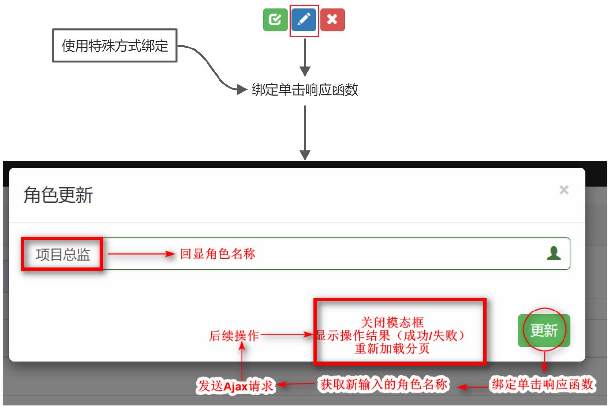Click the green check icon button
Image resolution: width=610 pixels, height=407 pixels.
coord(275,20)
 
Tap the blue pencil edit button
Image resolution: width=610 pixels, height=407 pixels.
coord(304,20)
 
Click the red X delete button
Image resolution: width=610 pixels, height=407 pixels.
coord(332,20)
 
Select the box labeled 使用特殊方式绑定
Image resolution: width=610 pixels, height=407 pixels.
coord(115,46)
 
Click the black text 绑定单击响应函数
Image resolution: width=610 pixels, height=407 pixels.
coord(305,90)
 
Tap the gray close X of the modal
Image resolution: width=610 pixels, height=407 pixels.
coord(564,190)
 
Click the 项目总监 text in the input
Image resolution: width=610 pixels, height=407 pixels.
coord(63,254)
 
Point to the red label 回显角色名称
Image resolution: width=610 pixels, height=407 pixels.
coord(218,254)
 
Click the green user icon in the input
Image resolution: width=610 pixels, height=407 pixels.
coord(554,253)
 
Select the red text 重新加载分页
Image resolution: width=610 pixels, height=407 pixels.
coord(392,348)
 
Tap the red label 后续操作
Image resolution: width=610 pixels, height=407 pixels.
coord(234,336)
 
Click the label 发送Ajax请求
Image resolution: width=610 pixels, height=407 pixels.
coord(236,385)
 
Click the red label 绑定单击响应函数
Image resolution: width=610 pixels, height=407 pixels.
coord(542,384)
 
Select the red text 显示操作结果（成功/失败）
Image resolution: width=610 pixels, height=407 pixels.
coord(391,335)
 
